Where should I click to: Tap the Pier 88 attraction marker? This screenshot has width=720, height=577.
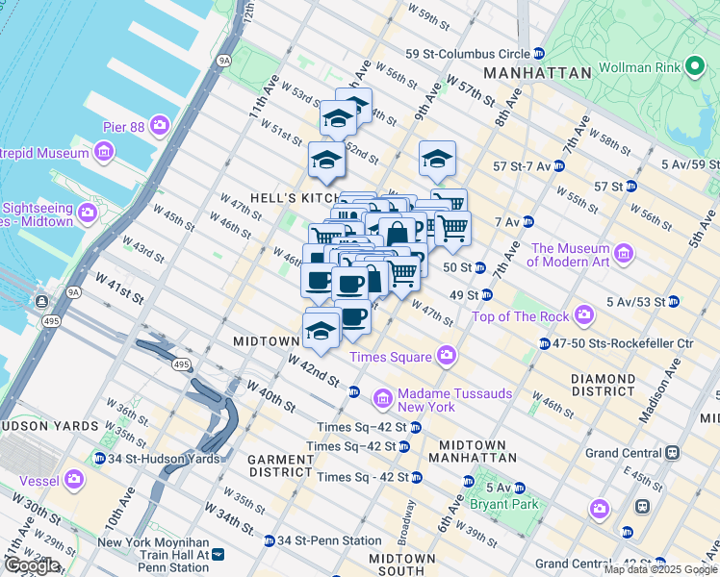point(159,126)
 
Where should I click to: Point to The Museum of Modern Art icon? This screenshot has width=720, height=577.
point(624,254)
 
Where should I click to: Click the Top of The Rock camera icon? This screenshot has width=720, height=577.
point(584,315)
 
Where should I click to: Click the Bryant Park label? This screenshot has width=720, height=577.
point(501,503)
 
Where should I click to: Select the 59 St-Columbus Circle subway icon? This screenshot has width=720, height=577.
point(539,54)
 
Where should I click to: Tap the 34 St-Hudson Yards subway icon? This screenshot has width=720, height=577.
point(100,457)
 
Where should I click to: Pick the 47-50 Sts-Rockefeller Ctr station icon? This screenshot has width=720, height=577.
point(545,343)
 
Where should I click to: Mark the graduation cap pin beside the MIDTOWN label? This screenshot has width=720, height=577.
point(321,330)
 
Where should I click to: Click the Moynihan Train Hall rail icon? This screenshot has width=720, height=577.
point(218,554)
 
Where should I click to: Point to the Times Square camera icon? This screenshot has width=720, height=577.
point(447,357)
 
